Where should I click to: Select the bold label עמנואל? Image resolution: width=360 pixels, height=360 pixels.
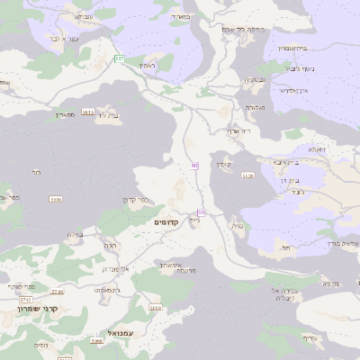tap(121, 334)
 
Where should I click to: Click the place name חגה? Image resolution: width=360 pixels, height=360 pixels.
tap(111, 245)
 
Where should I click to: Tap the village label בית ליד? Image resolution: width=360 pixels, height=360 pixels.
tap(107, 115)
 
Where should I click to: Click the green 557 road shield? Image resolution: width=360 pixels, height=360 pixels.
tap(120, 58)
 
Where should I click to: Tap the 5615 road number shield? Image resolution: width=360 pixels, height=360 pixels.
tap(87, 112)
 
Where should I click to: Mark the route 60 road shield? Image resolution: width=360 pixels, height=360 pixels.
tap(194, 166)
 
